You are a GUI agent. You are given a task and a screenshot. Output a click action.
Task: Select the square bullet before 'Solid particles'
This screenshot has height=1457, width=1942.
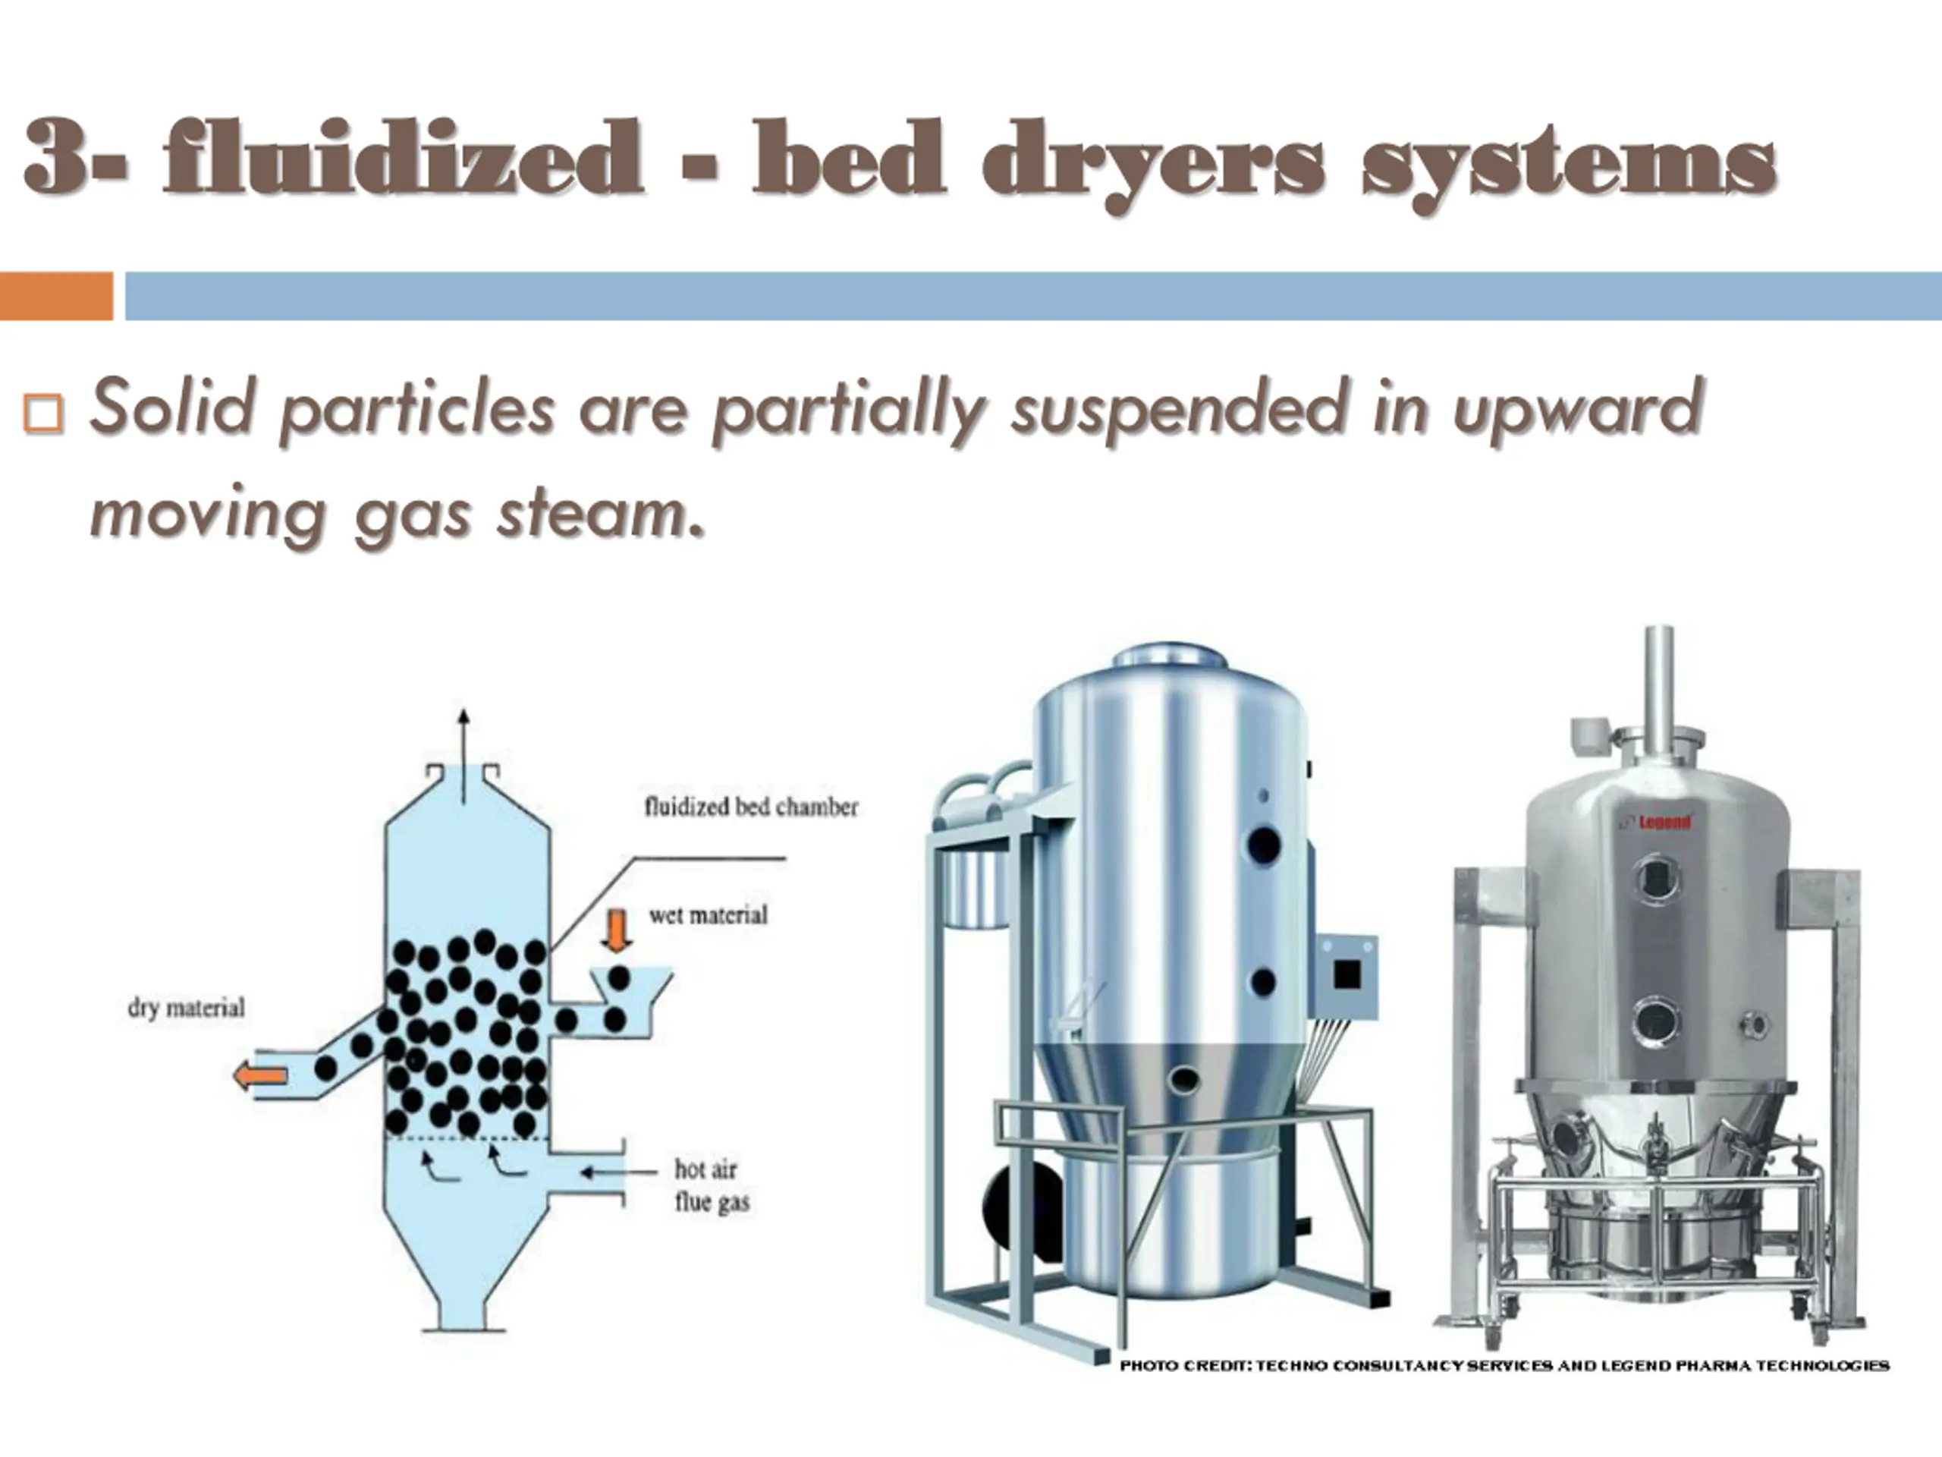(x=42, y=413)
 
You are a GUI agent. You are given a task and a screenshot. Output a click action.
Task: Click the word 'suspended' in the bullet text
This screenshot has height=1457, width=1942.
(x=1177, y=409)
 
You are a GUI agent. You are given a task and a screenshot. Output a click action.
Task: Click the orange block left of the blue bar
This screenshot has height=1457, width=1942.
(x=56, y=296)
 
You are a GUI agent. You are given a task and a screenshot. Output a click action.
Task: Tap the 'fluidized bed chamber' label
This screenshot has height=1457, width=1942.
(x=751, y=806)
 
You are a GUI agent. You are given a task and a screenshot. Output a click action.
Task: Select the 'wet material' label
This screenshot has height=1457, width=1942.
(x=708, y=915)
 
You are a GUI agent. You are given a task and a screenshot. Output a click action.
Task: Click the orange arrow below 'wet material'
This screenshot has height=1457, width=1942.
(x=619, y=931)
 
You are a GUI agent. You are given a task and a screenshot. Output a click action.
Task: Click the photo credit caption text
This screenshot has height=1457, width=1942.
(x=1504, y=1366)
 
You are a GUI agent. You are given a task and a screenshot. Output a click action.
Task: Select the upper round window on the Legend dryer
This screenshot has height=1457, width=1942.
(x=1656, y=879)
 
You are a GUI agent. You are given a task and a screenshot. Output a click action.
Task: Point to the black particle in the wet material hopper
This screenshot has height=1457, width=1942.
(x=619, y=977)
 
